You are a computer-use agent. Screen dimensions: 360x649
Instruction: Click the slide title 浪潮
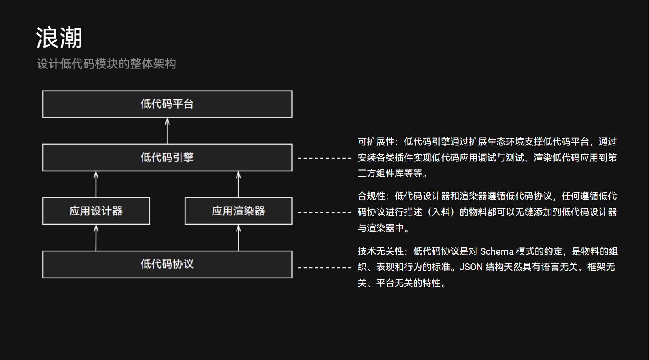pos(59,38)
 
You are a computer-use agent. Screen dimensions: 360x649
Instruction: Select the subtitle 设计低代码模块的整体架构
pos(106,64)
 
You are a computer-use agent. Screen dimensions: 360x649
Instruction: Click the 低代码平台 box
pos(167,104)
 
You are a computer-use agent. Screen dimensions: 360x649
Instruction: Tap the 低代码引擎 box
pos(167,157)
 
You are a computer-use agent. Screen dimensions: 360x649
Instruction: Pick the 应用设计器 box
pos(96,211)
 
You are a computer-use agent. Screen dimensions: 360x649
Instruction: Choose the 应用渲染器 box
pos(239,211)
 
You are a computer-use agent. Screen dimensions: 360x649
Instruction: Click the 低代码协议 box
pos(167,264)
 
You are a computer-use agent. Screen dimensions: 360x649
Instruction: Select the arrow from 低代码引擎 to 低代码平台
pos(167,131)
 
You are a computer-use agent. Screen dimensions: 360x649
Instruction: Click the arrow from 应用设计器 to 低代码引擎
pos(96,184)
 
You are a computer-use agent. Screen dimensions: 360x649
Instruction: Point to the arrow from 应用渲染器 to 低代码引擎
pos(239,184)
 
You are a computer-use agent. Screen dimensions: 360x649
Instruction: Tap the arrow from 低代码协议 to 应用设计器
pos(96,238)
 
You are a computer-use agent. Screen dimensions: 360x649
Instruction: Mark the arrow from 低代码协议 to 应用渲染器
pos(239,238)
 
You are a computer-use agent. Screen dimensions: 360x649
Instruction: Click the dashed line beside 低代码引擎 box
pos(325,158)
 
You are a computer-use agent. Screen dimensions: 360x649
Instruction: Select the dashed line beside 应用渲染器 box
pos(325,213)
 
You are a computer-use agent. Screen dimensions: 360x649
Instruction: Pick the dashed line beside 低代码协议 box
pos(325,267)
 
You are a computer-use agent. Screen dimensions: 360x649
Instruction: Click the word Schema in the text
pos(496,251)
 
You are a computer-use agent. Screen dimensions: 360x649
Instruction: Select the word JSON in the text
pos(471,267)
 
